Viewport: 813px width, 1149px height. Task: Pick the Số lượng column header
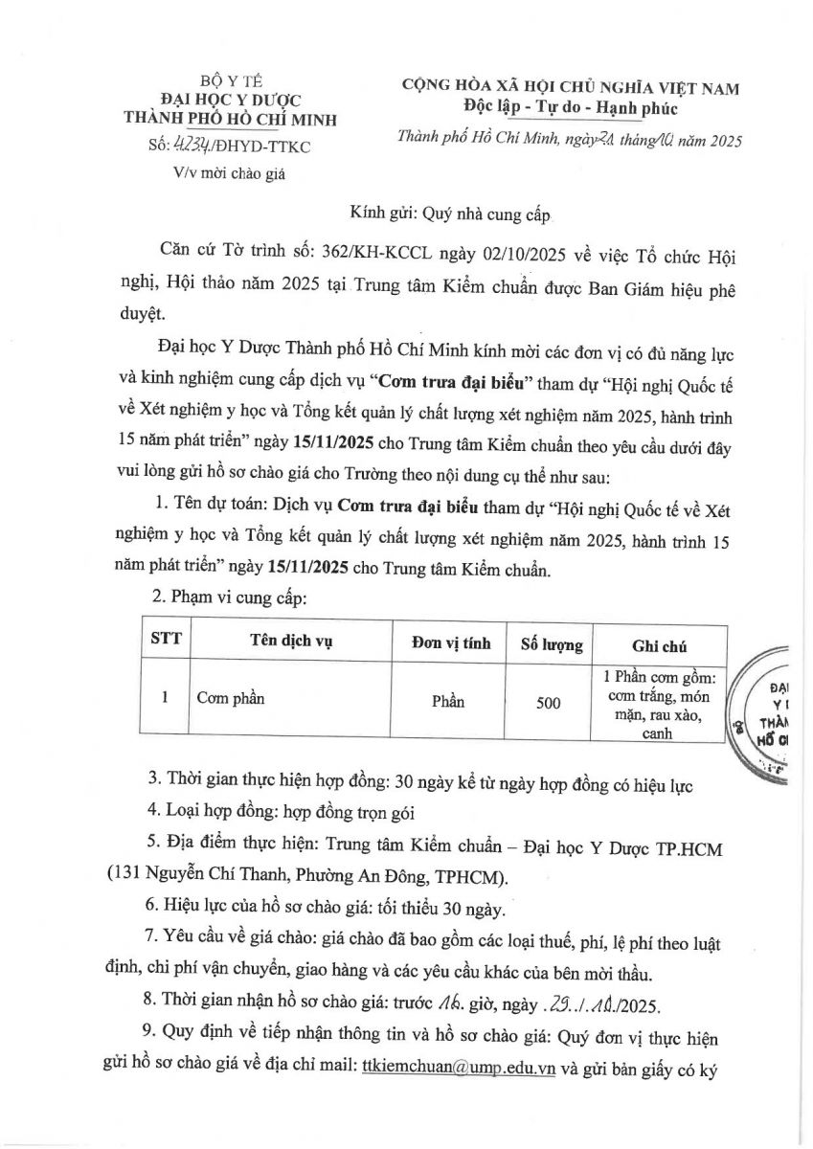pyautogui.click(x=551, y=644)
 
